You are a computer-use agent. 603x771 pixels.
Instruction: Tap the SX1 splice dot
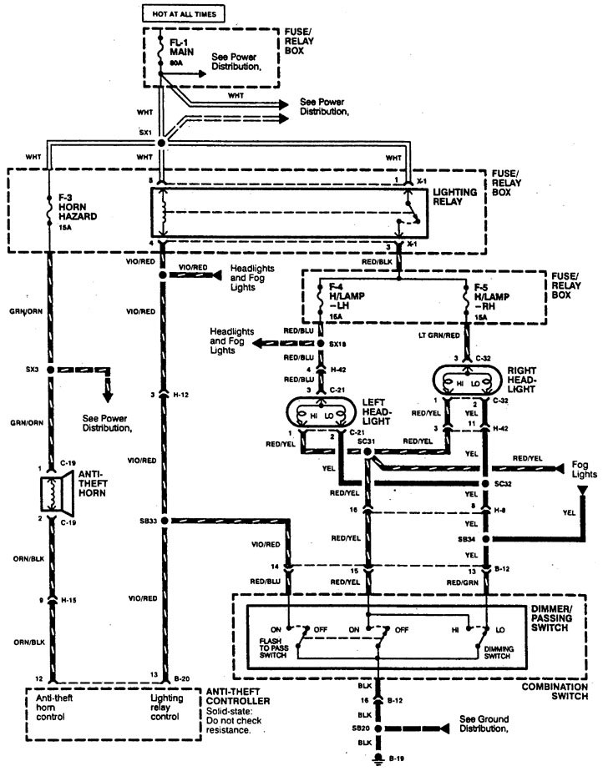[162, 144]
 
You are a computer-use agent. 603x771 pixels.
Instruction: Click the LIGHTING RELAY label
[455, 197]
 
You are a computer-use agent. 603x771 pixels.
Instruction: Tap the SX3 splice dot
[51, 369]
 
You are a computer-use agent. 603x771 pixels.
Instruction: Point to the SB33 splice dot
[164, 521]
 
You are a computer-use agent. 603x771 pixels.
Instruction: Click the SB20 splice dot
[380, 727]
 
